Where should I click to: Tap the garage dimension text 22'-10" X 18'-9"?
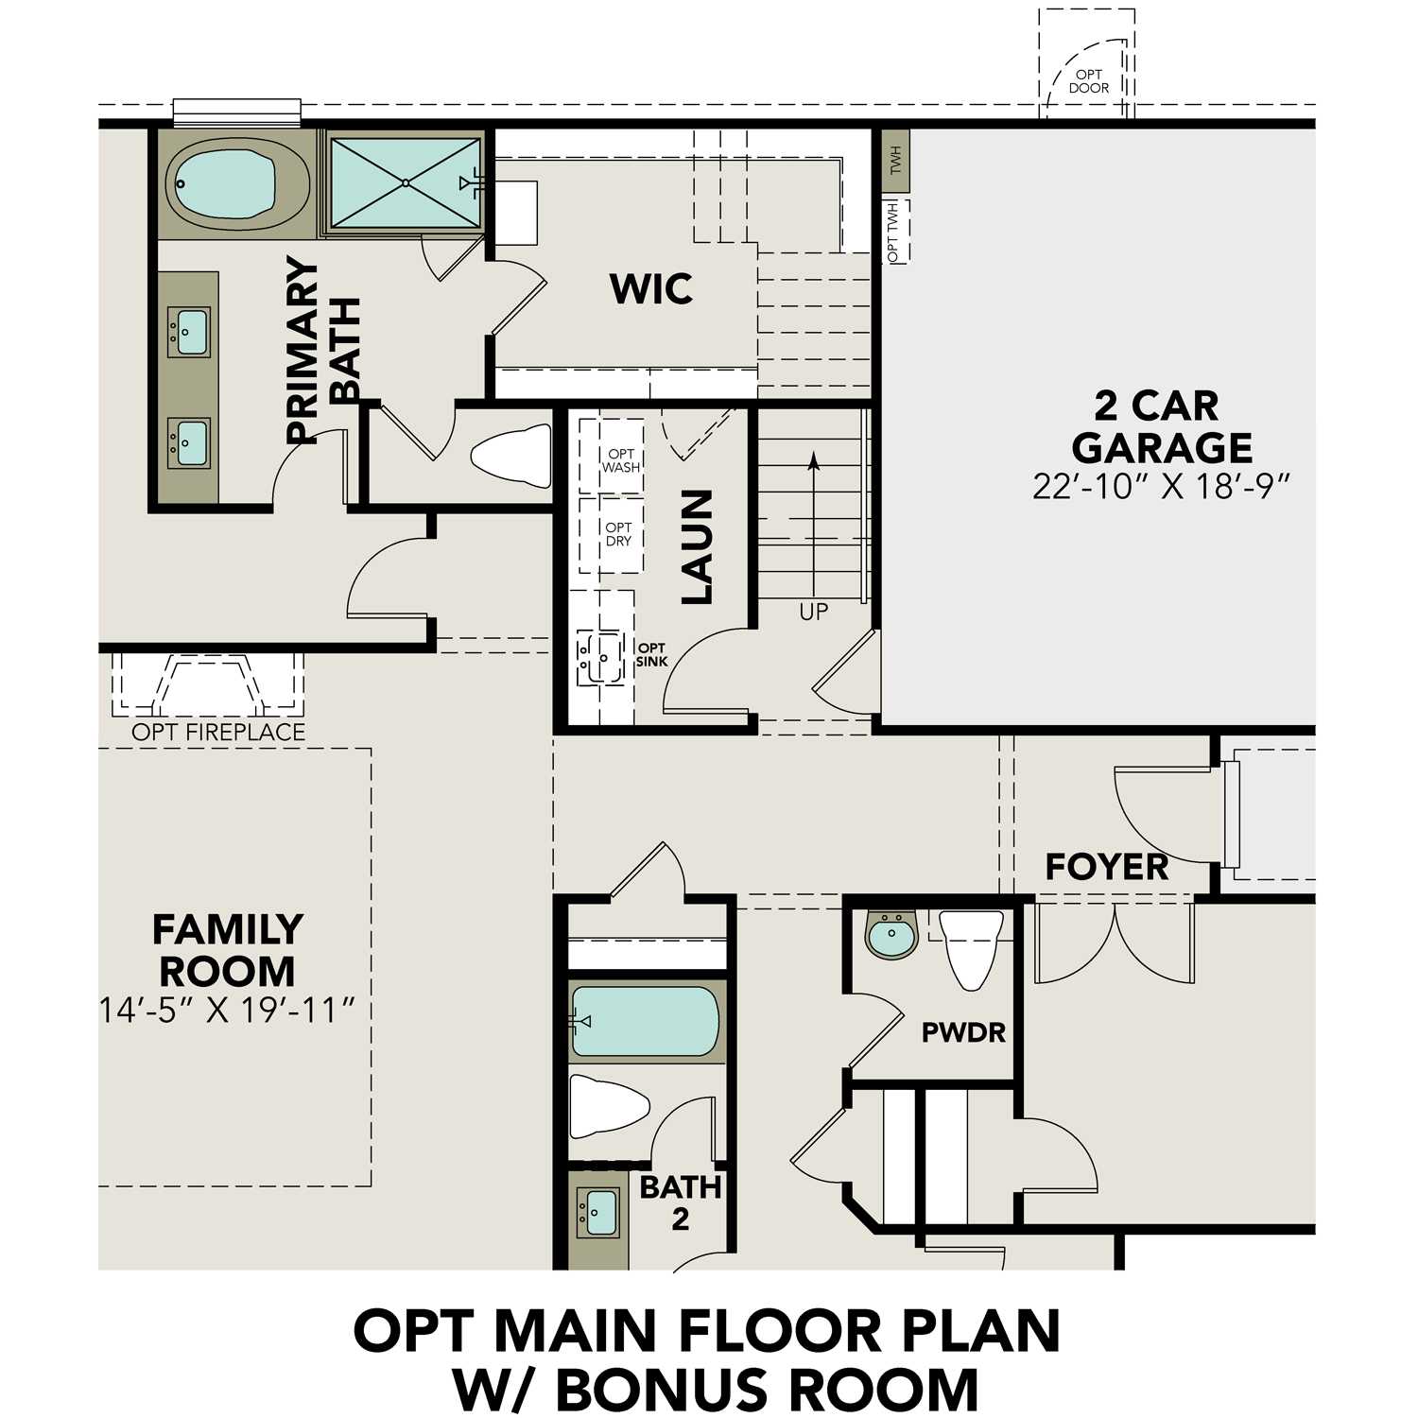tap(1161, 486)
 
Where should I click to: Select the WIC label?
tap(651, 288)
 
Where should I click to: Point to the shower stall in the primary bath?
tap(405, 182)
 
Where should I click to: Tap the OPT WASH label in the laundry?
tap(621, 460)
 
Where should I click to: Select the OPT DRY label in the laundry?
tap(618, 534)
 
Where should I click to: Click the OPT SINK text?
tap(651, 654)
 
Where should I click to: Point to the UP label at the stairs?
tap(813, 612)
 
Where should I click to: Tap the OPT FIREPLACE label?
tap(218, 732)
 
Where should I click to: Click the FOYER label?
tap(1106, 866)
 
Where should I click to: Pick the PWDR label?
tap(963, 1031)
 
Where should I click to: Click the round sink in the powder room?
tap(891, 936)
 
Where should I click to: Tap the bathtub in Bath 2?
tap(646, 1021)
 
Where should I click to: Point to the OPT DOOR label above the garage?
tap(1088, 81)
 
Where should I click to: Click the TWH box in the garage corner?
tap(895, 161)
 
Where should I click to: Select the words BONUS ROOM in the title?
tap(767, 1389)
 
